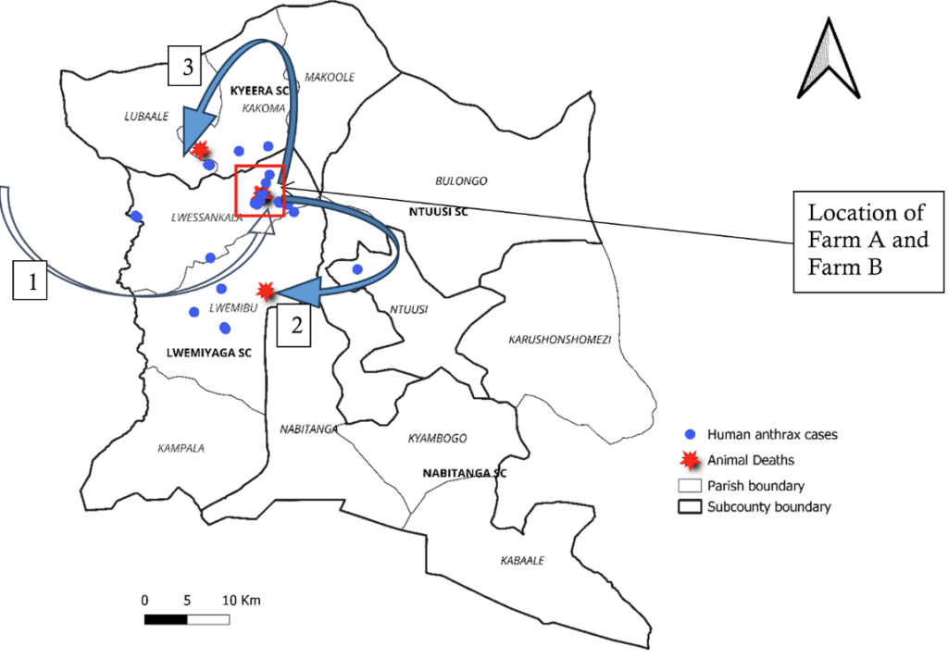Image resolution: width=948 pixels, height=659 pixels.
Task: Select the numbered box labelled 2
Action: pyautogui.click(x=294, y=327)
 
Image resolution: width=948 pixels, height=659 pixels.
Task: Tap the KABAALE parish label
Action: pyautogui.click(x=522, y=561)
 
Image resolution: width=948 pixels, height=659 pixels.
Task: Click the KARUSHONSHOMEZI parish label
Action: pyautogui.click(x=559, y=340)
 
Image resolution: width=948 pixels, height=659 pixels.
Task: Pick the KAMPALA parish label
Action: pyautogui.click(x=181, y=449)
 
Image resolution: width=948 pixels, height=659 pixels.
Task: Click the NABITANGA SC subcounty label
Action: pyautogui.click(x=465, y=473)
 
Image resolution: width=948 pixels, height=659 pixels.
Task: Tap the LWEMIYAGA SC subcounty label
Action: pyautogui.click(x=208, y=353)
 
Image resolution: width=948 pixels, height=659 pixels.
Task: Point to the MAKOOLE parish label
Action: pyautogui.click(x=330, y=78)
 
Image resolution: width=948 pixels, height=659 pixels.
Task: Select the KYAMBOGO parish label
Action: pyautogui.click(x=437, y=439)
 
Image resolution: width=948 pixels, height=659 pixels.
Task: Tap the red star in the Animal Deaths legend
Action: pyautogui.click(x=688, y=459)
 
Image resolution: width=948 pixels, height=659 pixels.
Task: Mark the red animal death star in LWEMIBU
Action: pyautogui.click(x=267, y=291)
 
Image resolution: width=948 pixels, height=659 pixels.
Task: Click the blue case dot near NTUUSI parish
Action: pyautogui.click(x=357, y=269)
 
